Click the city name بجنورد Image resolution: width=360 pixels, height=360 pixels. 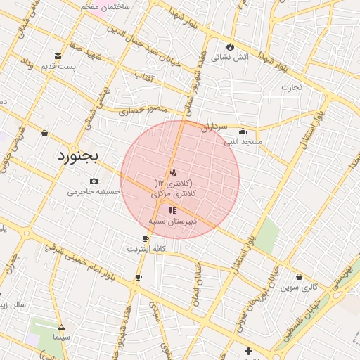pyautogui.click(x=79, y=155)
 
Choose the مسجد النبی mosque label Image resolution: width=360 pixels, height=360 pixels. pyautogui.click(x=243, y=141)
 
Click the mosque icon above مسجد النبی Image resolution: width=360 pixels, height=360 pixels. pyautogui.click(x=243, y=130)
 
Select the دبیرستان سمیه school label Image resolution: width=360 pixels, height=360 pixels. pyautogui.click(x=172, y=221)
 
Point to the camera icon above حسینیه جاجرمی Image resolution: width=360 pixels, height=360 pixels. pyautogui.click(x=94, y=181)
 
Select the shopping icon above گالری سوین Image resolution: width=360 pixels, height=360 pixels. pyautogui.click(x=300, y=276)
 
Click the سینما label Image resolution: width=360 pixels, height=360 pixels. pyautogui.click(x=61, y=337)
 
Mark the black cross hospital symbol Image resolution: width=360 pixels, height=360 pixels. pyautogui.click(x=247, y=351)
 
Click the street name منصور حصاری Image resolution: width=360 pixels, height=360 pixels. pyautogui.click(x=142, y=110)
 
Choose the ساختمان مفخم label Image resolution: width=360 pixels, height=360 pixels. pyautogui.click(x=105, y=6)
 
